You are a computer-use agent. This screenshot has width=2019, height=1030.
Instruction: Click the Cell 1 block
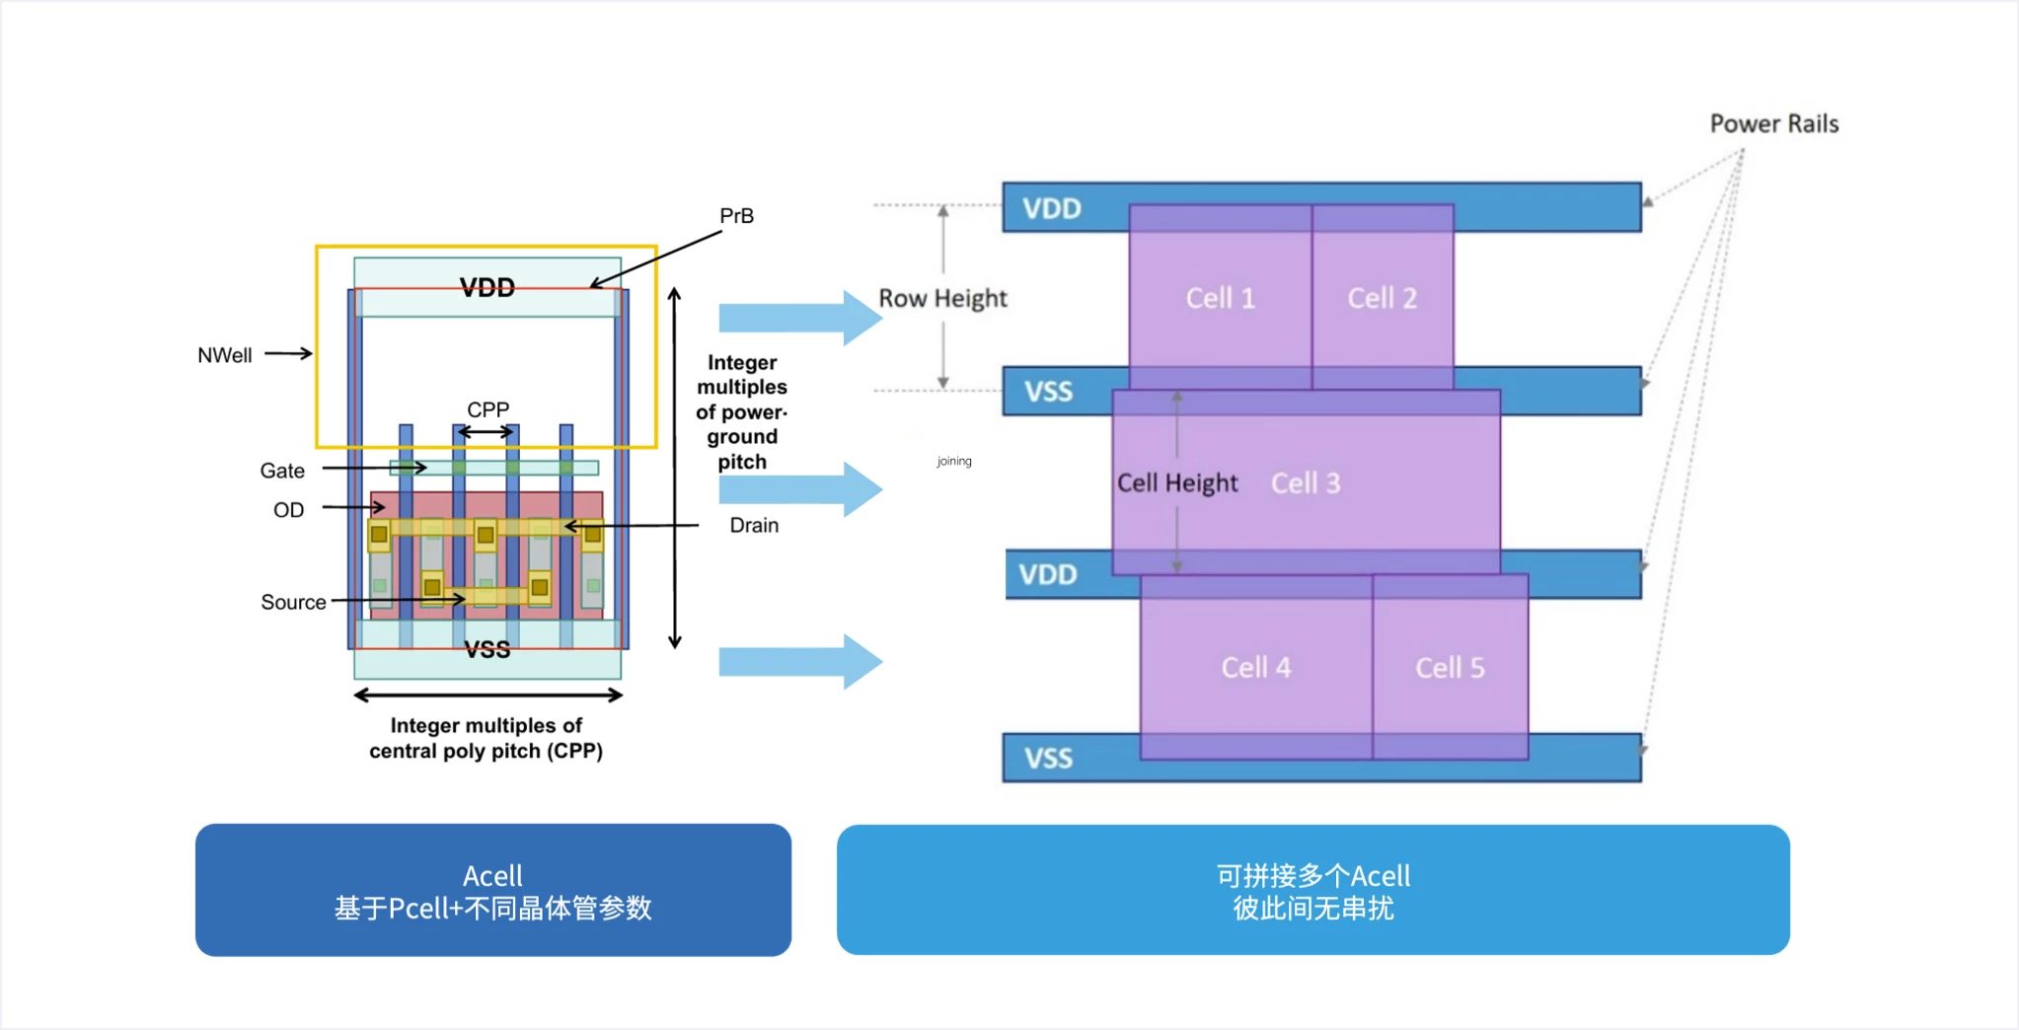click(1220, 298)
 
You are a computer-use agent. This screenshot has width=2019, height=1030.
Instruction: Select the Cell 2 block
click(1382, 298)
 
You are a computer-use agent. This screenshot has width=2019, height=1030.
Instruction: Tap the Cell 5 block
click(1450, 668)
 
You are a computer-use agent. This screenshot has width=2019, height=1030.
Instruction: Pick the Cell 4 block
click(1255, 668)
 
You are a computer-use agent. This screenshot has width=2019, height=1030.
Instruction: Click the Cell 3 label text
click(1306, 483)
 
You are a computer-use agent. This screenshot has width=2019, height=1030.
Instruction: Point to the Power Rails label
click(1773, 124)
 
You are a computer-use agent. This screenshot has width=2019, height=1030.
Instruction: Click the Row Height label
click(942, 299)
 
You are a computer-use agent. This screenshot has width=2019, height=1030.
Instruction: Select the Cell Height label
click(1177, 483)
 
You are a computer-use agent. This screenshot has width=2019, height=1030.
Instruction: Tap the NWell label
click(224, 355)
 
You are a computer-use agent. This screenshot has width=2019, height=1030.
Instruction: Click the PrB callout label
click(736, 216)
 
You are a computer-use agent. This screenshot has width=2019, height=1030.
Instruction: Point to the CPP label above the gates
click(487, 409)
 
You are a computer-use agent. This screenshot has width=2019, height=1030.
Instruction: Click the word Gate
click(281, 472)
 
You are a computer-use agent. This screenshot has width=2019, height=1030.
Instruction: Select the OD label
click(288, 510)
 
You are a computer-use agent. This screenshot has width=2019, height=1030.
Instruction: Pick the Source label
click(293, 602)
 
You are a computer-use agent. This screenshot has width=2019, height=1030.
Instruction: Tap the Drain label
click(754, 526)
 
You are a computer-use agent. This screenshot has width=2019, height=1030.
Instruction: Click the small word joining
click(954, 462)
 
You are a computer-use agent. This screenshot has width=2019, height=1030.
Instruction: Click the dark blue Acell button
click(492, 890)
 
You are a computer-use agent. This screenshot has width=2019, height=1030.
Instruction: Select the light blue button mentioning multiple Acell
click(1312, 890)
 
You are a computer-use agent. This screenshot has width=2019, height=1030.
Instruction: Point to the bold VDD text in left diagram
click(487, 288)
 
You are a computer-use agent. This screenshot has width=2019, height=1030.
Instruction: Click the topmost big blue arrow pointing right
click(799, 318)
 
